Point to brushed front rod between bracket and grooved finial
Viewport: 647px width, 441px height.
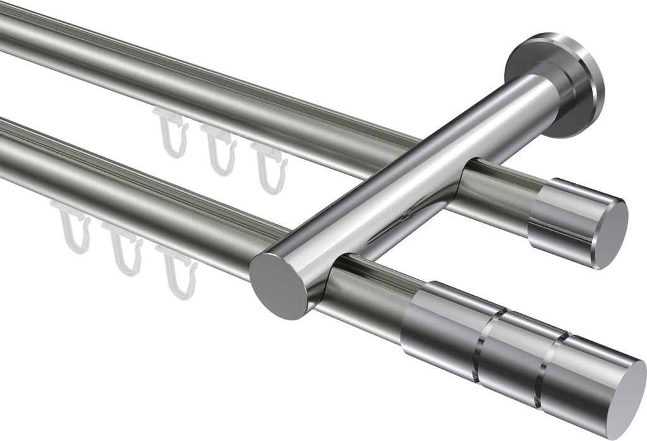click(x=373, y=297)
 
